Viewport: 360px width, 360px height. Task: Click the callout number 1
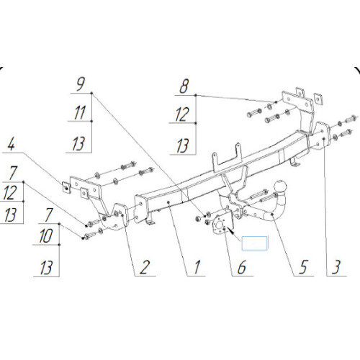pos(197,267)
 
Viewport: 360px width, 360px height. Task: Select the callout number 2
pos(145,267)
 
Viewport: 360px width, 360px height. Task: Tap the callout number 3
pos(336,267)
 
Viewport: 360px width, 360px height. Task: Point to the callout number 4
pos(12,145)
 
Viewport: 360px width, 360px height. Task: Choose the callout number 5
pos(303,267)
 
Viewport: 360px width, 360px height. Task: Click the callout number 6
pos(242,267)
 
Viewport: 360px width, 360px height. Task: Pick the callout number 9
pos(81,85)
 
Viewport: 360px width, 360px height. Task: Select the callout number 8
pos(184,86)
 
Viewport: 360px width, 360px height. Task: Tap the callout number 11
pos(80,113)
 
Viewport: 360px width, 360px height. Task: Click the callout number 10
pos(46,236)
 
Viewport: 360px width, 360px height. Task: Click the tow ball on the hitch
pos(281,186)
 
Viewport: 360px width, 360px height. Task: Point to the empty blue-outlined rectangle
pos(254,243)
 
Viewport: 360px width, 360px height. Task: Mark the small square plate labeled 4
pos(66,187)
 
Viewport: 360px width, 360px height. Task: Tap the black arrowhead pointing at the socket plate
pos(230,231)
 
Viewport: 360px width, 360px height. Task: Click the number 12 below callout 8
pos(182,114)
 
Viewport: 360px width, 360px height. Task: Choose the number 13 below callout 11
pos(78,144)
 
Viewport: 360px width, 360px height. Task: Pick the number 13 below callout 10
pos(46,268)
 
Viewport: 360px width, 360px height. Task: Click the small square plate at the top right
pos(318,99)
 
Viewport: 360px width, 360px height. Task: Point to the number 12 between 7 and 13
pos(10,192)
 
